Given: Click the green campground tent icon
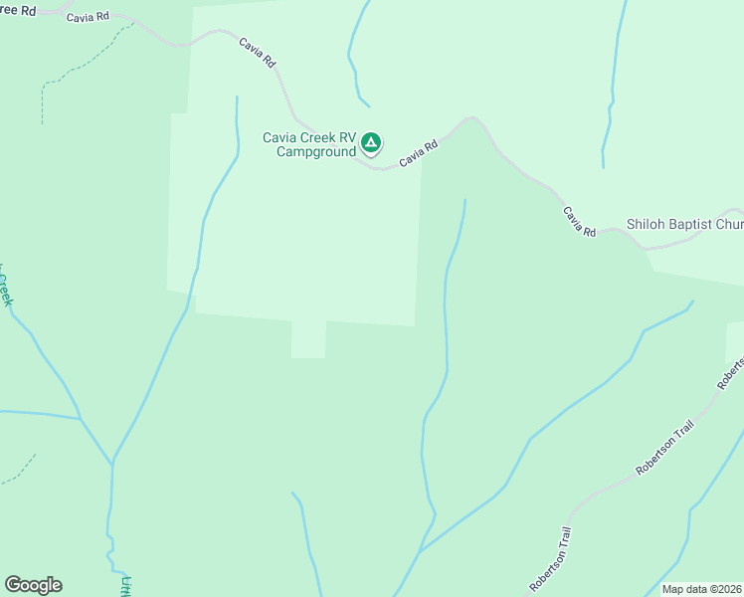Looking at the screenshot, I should [x=370, y=143].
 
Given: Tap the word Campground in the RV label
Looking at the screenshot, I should [x=315, y=152].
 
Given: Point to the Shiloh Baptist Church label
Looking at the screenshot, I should [x=684, y=225].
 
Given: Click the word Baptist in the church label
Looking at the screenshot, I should [x=687, y=225].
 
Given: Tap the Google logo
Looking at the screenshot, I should [x=33, y=585].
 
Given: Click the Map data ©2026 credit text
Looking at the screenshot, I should [x=701, y=589].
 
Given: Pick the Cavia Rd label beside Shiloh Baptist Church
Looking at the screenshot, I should [x=578, y=222].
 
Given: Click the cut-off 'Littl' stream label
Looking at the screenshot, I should [x=126, y=585].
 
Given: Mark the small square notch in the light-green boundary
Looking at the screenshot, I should [x=308, y=340].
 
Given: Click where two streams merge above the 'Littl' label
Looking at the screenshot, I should [x=112, y=462].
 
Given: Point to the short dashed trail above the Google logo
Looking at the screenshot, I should [x=20, y=470].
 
